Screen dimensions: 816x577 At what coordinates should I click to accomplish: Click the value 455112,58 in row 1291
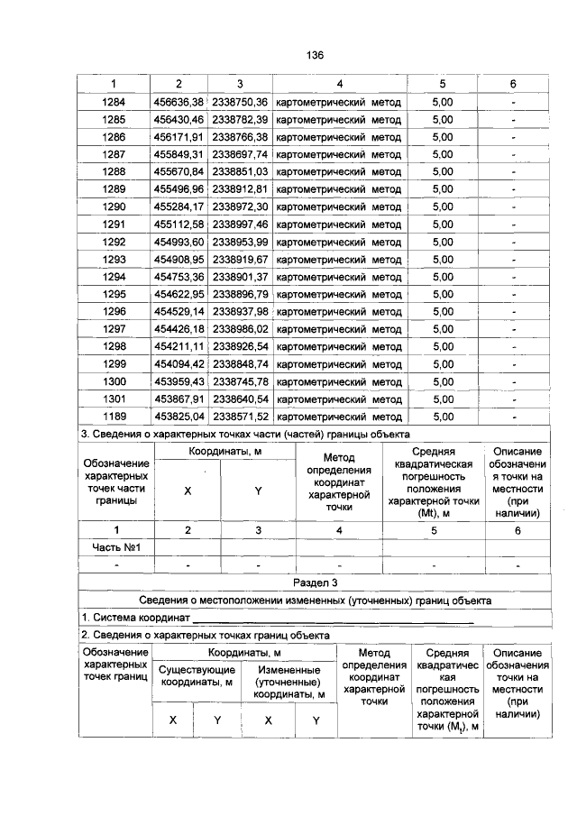pos(179,225)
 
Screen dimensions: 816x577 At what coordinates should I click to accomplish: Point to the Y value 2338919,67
pos(240,260)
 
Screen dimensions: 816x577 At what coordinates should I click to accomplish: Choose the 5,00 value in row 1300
pos(443,381)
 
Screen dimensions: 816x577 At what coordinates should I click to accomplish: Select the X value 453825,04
pos(179,417)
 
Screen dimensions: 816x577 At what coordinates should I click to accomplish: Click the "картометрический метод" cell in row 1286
pos(338,137)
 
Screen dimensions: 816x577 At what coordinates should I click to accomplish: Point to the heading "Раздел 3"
pos(315,583)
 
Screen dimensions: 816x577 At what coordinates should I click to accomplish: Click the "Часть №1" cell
pos(114,547)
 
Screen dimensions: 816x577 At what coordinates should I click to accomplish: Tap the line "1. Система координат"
pos(135,618)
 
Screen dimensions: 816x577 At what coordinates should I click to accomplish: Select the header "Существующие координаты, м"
pos(197,676)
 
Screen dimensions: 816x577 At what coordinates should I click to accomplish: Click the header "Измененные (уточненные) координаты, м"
pos(290,683)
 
